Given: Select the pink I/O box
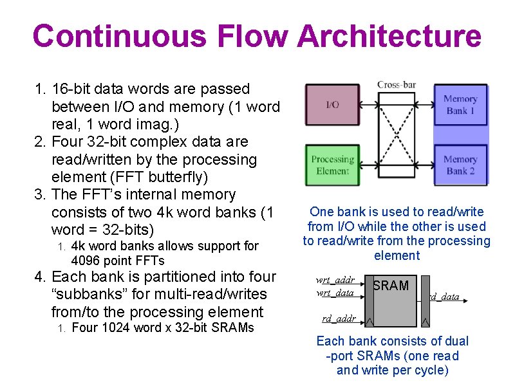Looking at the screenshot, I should [332, 104].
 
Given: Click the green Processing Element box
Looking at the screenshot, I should [332, 165].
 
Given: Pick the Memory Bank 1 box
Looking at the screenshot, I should [460, 104].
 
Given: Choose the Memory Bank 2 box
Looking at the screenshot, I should [460, 165].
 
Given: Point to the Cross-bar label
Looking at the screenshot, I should [397, 85].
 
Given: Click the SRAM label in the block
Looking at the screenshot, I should [391, 286].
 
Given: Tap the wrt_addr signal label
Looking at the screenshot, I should [335, 280].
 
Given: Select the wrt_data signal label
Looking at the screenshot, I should [335, 293].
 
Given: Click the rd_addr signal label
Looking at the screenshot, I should [339, 318].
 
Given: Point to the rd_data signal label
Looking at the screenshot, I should [444, 297].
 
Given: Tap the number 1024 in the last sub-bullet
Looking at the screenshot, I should [113, 327].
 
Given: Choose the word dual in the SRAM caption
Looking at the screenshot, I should [456, 341].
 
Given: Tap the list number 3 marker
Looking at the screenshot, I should [39, 194].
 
